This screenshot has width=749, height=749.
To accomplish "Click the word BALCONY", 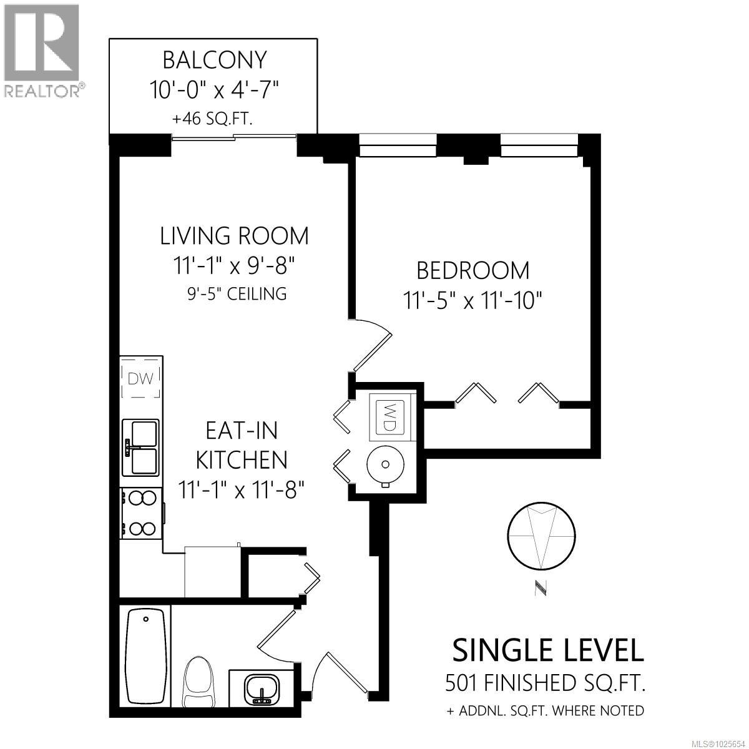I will [x=214, y=60].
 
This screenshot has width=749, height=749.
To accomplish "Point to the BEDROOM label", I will [x=472, y=270].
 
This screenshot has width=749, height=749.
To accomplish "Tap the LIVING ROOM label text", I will [x=234, y=236].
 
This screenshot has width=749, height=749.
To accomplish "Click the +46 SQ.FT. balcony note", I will [x=213, y=119].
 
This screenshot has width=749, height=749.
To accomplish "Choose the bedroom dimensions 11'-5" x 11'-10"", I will [x=472, y=301].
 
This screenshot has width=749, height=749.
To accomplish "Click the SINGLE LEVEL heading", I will [x=547, y=650].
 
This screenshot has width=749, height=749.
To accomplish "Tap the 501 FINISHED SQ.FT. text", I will [x=545, y=683].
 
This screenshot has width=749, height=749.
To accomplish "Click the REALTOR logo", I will [x=42, y=50].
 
